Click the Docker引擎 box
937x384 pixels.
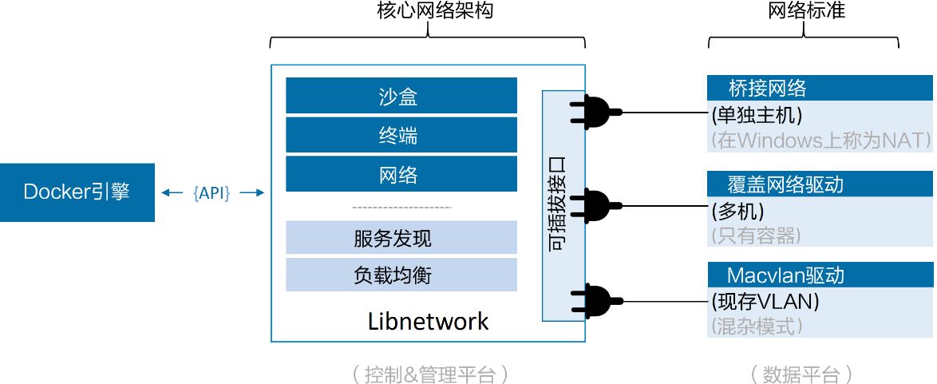point(77,192)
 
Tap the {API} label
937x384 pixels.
point(212,192)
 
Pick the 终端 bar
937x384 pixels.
point(401,135)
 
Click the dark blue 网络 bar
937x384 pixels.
point(401,174)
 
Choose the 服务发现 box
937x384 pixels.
point(401,238)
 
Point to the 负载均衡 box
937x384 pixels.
point(401,275)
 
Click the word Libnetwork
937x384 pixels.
point(428,322)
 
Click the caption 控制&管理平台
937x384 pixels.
point(429,374)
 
